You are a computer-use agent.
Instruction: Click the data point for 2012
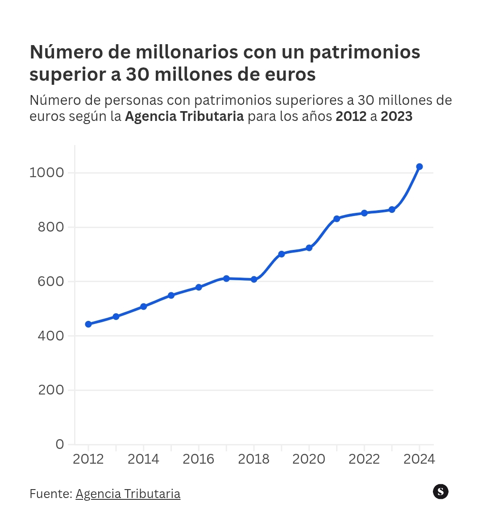(x=88, y=324)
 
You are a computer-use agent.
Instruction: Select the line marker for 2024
(x=419, y=167)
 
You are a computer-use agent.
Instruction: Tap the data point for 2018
(x=254, y=279)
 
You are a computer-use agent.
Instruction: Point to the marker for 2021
(x=337, y=219)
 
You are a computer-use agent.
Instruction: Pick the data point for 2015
(x=171, y=295)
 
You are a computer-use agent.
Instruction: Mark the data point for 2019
(x=282, y=254)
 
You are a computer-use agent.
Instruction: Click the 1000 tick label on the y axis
(x=47, y=172)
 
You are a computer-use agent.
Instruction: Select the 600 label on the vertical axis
(x=50, y=282)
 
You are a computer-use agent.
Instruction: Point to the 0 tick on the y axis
(x=60, y=444)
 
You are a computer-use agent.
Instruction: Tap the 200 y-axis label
(x=51, y=390)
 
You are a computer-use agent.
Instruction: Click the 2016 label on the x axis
(x=199, y=459)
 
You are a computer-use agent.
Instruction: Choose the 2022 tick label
(x=364, y=459)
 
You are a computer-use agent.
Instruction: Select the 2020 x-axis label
(x=309, y=459)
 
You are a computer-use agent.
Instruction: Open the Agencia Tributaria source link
(x=128, y=494)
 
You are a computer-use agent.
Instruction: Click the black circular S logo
(x=440, y=492)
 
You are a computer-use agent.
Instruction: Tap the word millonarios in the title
(x=187, y=52)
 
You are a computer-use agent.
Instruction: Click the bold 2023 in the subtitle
(x=397, y=116)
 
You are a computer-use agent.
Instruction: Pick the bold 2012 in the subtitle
(x=351, y=116)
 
